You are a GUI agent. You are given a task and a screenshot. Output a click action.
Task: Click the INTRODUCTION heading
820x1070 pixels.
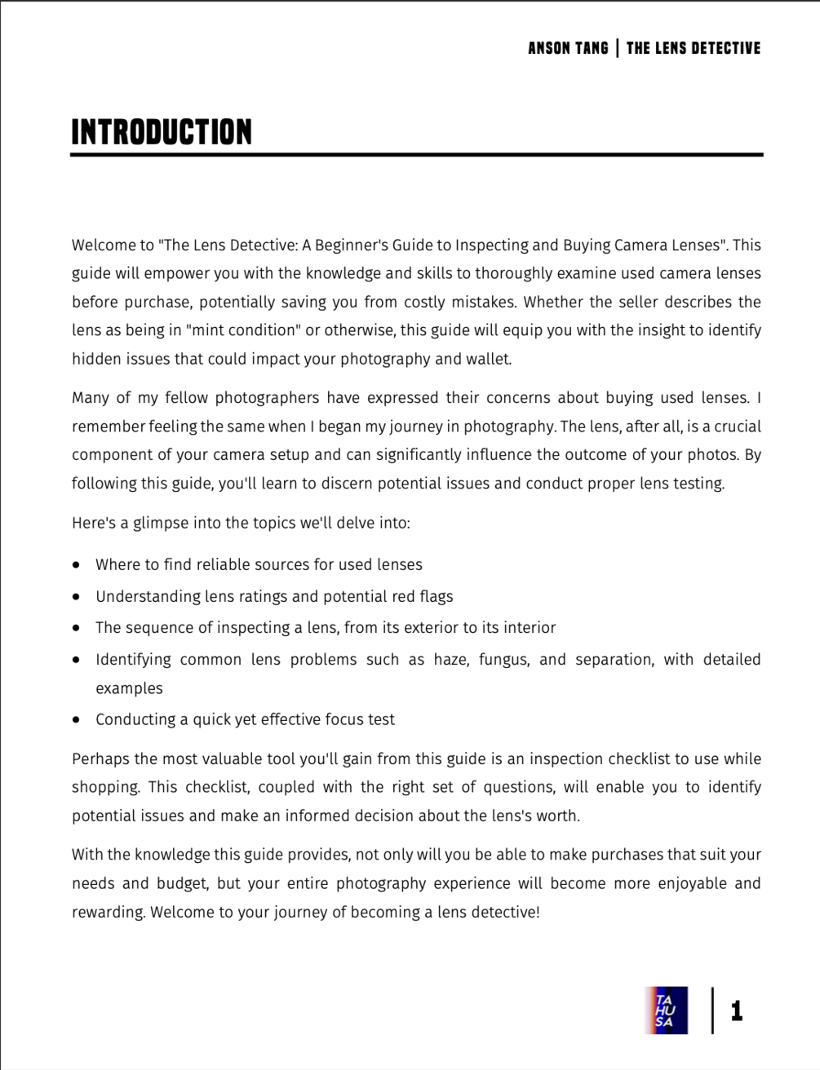pyautogui.click(x=162, y=132)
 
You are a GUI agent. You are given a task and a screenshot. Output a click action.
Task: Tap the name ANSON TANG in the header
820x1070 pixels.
pyautogui.click(x=568, y=48)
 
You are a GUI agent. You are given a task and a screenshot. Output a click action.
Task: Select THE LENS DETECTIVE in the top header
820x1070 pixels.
pyautogui.click(x=693, y=48)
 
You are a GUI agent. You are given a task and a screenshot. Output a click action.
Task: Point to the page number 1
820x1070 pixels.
pyautogui.click(x=737, y=1011)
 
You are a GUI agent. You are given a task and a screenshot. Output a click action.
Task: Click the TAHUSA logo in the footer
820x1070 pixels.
pyautogui.click(x=667, y=1010)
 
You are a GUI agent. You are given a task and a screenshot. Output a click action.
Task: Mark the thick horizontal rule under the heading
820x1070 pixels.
pyautogui.click(x=416, y=154)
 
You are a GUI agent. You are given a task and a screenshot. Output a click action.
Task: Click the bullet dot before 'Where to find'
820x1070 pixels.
pyautogui.click(x=76, y=564)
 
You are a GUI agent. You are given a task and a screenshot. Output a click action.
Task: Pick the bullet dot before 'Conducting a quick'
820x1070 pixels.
pyautogui.click(x=76, y=720)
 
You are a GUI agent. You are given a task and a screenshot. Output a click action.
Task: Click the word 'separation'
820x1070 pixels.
pyautogui.click(x=614, y=659)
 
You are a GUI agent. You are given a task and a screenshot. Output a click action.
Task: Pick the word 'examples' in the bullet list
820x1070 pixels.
pyautogui.click(x=129, y=688)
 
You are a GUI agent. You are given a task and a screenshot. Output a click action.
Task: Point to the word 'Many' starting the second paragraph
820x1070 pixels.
pyautogui.click(x=90, y=398)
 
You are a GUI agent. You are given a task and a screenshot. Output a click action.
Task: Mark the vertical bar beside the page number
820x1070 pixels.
pyautogui.click(x=712, y=1010)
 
